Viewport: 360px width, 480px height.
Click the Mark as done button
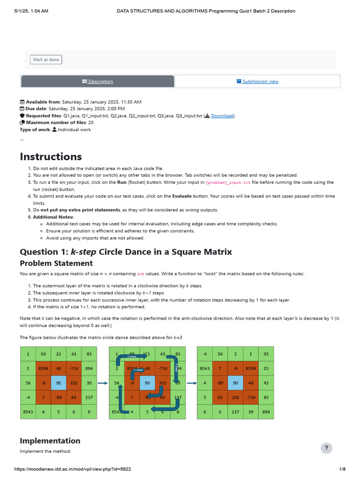coord(46,60)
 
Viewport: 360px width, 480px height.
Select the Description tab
coord(97,82)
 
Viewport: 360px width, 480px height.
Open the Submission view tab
coord(257,82)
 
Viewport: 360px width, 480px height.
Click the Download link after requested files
coord(222,116)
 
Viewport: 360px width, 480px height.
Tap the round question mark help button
coord(326,448)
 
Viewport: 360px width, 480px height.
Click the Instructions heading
coord(51,157)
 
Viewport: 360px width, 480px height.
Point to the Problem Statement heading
coord(56,263)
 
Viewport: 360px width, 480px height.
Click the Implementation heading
coord(50,441)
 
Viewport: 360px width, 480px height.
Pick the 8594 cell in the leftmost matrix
coord(44,368)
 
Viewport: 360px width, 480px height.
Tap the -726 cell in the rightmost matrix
coord(251,397)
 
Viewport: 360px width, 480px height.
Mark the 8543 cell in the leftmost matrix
coord(28,412)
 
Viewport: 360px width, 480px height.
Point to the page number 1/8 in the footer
coord(342,469)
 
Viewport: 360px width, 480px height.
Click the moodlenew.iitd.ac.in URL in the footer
coord(73,469)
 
